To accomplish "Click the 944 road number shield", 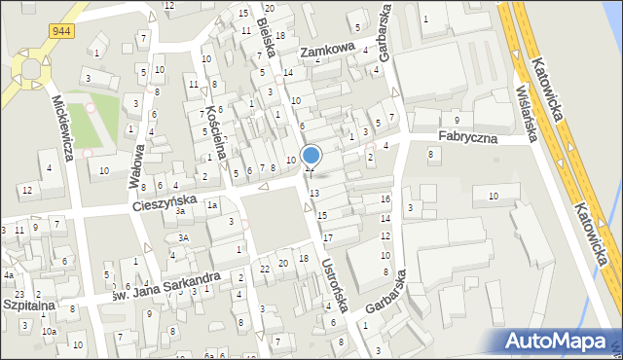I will (x=61, y=31).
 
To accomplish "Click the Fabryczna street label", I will (x=467, y=138).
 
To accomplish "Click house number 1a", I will (x=211, y=205).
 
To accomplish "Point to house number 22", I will (x=265, y=268).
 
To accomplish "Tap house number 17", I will (x=328, y=237).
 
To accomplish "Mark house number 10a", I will (x=49, y=332).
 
